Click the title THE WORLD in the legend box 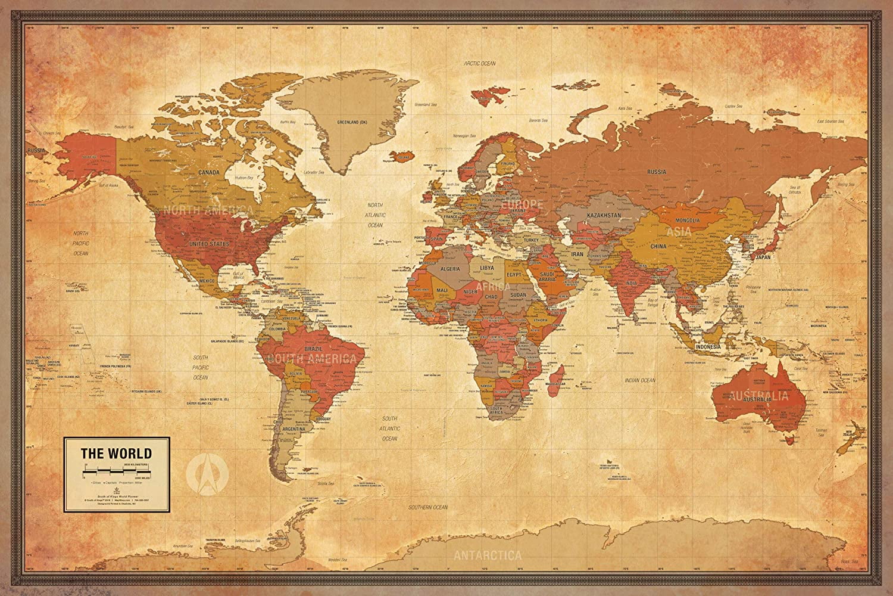117,454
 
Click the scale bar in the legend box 117,471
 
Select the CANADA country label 209,172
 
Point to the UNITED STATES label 209,244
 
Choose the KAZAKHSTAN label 604,214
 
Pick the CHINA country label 675,246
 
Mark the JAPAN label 764,257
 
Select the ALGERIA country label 449,269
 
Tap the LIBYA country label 487,268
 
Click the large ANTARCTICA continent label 488,555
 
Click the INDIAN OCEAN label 639,380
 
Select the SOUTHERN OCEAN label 427,507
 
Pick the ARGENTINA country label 295,429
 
